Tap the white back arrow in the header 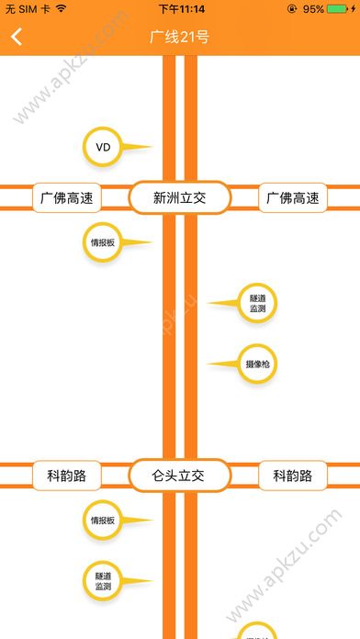click(17, 38)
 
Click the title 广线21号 click(179, 38)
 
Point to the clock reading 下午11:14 click(180, 8)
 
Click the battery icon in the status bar click(340, 8)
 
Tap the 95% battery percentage click(313, 8)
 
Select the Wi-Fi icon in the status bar click(61, 8)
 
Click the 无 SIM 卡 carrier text click(28, 8)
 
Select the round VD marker click(103, 147)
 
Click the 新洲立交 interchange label click(179, 197)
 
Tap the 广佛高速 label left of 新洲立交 click(66, 197)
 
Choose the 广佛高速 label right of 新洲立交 click(293, 197)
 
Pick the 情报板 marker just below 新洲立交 click(102, 243)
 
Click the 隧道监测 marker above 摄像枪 click(257, 303)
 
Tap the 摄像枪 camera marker click(257, 364)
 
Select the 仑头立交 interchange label click(179, 476)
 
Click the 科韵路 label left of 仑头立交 click(66, 476)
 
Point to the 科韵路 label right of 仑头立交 click(293, 476)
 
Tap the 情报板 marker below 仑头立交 click(102, 521)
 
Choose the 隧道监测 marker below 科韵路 click(102, 580)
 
